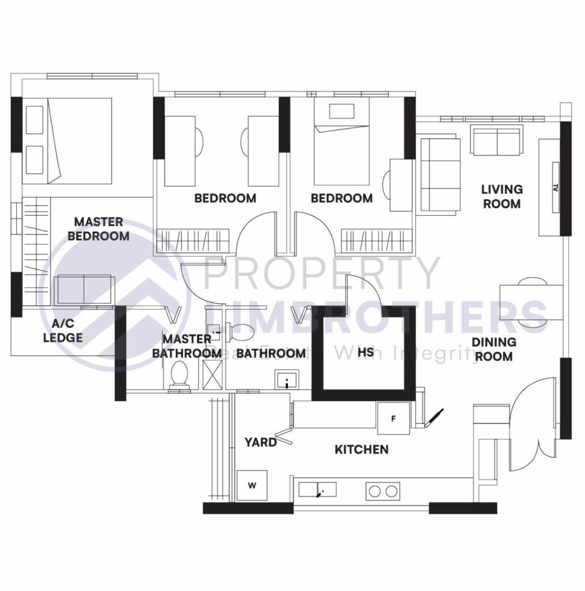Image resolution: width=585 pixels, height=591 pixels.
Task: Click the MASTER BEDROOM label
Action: [98, 229]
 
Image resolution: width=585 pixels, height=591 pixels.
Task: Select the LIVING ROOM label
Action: [501, 196]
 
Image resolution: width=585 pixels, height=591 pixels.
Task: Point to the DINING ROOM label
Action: [493, 349]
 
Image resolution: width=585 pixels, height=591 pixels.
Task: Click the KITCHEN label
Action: [361, 449]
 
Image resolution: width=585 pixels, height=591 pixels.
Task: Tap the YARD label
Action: [260, 443]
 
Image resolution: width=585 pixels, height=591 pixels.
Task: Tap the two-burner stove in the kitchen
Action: [382, 492]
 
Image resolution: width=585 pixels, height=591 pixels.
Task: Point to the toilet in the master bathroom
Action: [179, 376]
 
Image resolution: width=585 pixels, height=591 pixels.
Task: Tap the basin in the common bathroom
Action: [286, 380]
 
